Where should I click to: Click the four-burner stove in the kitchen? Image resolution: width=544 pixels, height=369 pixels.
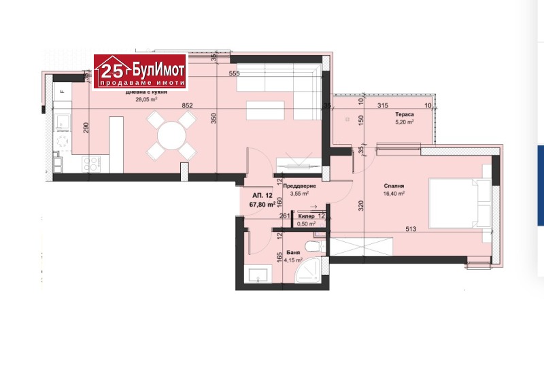(92, 162)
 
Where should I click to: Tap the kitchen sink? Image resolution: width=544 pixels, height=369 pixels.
(63, 122)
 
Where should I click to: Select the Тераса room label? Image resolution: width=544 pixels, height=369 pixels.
(406, 115)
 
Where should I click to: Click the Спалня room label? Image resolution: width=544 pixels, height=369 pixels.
(394, 185)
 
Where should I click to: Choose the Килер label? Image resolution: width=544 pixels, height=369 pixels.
(306, 216)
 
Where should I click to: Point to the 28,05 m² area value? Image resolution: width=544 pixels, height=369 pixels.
(147, 99)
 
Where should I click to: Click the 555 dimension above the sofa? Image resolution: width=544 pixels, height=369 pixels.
(235, 73)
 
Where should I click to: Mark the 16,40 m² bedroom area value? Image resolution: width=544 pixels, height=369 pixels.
(394, 194)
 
